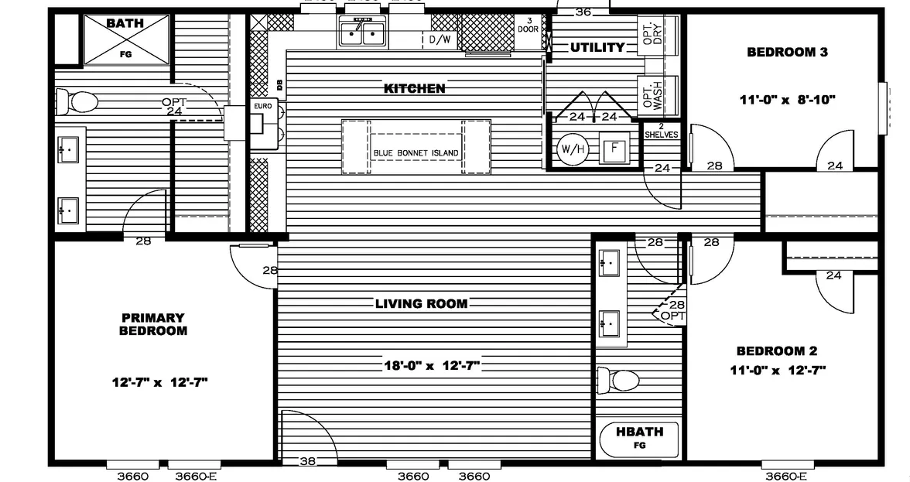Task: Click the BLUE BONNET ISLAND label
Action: (416, 152)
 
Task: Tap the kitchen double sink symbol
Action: (361, 32)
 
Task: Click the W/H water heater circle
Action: (571, 148)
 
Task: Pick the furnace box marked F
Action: (614, 148)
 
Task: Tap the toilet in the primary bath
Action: (77, 101)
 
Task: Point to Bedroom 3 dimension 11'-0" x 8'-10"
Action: (788, 99)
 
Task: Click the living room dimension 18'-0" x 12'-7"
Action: (433, 365)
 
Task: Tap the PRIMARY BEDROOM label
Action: (153, 324)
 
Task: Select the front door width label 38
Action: (307, 462)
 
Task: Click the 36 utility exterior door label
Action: (583, 12)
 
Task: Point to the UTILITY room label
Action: (597, 47)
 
